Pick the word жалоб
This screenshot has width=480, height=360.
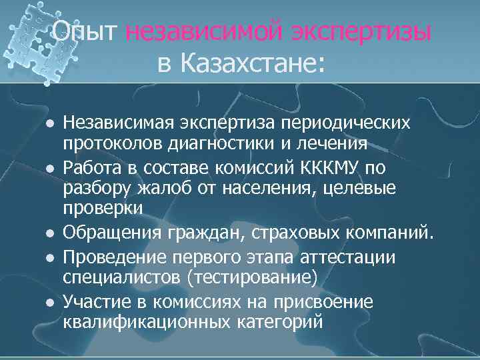tap(154, 188)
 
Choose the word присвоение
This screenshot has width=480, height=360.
tap(326, 302)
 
